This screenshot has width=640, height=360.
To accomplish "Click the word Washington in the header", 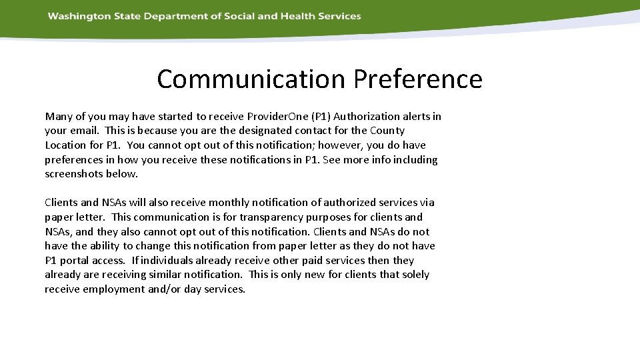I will pyautogui.click(x=75, y=16).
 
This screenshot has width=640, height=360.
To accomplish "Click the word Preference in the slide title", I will pyautogui.click(x=418, y=79).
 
